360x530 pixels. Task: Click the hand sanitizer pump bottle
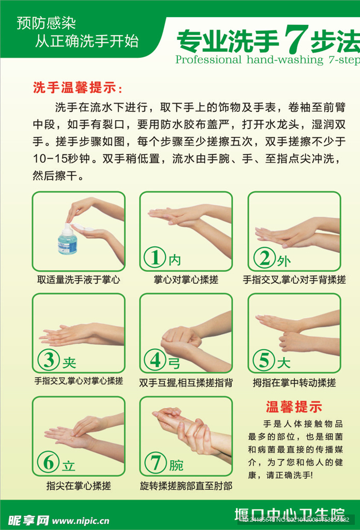(x=67, y=241)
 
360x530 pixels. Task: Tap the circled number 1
(x=154, y=258)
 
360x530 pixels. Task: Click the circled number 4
(x=155, y=360)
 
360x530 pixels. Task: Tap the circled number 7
(x=155, y=462)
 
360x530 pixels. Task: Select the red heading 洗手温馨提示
(x=78, y=87)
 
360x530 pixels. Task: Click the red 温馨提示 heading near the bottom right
(x=294, y=407)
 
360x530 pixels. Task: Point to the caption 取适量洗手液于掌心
(x=79, y=279)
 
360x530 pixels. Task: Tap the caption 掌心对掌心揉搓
(x=186, y=279)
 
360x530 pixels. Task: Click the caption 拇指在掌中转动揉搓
(x=294, y=382)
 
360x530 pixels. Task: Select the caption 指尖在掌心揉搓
(x=79, y=485)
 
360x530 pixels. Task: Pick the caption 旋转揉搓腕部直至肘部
(x=186, y=485)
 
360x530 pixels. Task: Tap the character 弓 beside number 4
(x=174, y=363)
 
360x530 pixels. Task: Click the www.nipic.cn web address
(x=81, y=521)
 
